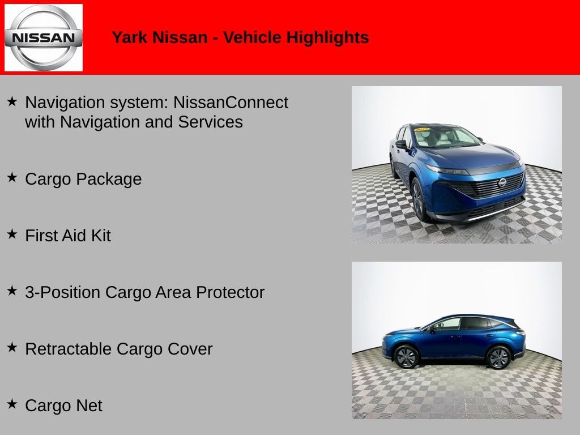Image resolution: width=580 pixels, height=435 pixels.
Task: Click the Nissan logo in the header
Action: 44,38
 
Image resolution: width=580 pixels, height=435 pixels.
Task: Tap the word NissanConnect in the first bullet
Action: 231,103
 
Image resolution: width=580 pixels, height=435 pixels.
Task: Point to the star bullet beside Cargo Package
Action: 12,177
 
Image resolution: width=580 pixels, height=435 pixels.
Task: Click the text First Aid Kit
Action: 68,236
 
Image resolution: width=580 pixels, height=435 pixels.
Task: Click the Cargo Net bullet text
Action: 63,406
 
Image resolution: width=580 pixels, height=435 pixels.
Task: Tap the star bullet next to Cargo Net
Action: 12,404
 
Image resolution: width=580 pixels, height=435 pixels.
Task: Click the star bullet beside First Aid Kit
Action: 12,234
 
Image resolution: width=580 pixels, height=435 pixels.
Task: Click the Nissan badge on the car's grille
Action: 502,183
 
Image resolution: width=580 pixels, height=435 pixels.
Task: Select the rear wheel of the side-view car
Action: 498,357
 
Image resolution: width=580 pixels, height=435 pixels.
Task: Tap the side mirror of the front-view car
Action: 401,144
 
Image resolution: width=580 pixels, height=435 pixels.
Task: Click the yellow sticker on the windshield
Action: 422,129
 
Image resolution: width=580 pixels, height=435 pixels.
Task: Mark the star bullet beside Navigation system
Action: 12,101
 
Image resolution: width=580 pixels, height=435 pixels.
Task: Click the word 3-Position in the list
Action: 63,292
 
